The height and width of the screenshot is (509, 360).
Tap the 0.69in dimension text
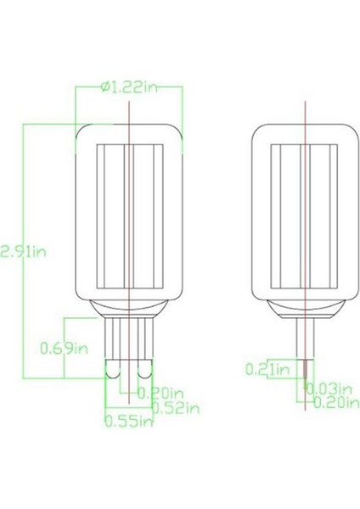64,347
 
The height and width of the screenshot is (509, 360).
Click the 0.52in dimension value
176,408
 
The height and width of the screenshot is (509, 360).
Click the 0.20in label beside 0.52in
161,393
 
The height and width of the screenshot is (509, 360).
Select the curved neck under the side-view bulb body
305,308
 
